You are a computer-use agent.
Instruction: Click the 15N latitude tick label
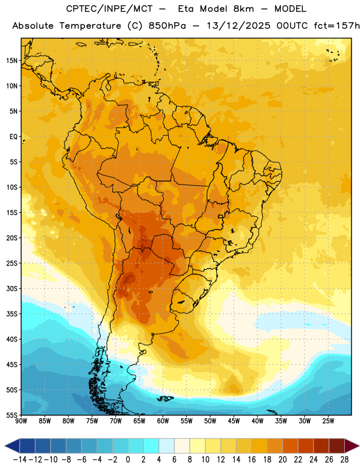click(12, 61)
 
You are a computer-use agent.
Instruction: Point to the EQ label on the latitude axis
click(13, 137)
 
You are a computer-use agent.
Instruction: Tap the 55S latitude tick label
click(12, 415)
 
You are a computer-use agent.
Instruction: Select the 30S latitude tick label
click(12, 288)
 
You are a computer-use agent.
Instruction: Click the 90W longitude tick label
click(21, 421)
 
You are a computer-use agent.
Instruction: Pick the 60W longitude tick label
click(163, 421)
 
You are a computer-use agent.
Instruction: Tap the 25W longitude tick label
click(328, 421)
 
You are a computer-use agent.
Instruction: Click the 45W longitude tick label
click(234, 421)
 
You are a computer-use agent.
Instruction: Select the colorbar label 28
click(344, 460)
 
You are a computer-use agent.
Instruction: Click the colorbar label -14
click(20, 460)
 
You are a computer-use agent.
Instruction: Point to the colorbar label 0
click(128, 460)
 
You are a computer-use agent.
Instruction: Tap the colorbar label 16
click(252, 460)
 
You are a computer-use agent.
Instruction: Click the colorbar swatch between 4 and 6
click(167, 446)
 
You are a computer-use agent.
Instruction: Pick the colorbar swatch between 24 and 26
click(321, 446)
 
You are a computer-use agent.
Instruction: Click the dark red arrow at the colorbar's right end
click(352, 446)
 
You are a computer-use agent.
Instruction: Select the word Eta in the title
click(185, 9)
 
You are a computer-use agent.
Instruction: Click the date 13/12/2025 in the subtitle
click(238, 26)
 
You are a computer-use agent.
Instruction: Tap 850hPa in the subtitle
click(167, 26)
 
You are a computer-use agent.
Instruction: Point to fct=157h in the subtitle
click(337, 26)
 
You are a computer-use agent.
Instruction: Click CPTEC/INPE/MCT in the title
click(110, 9)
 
